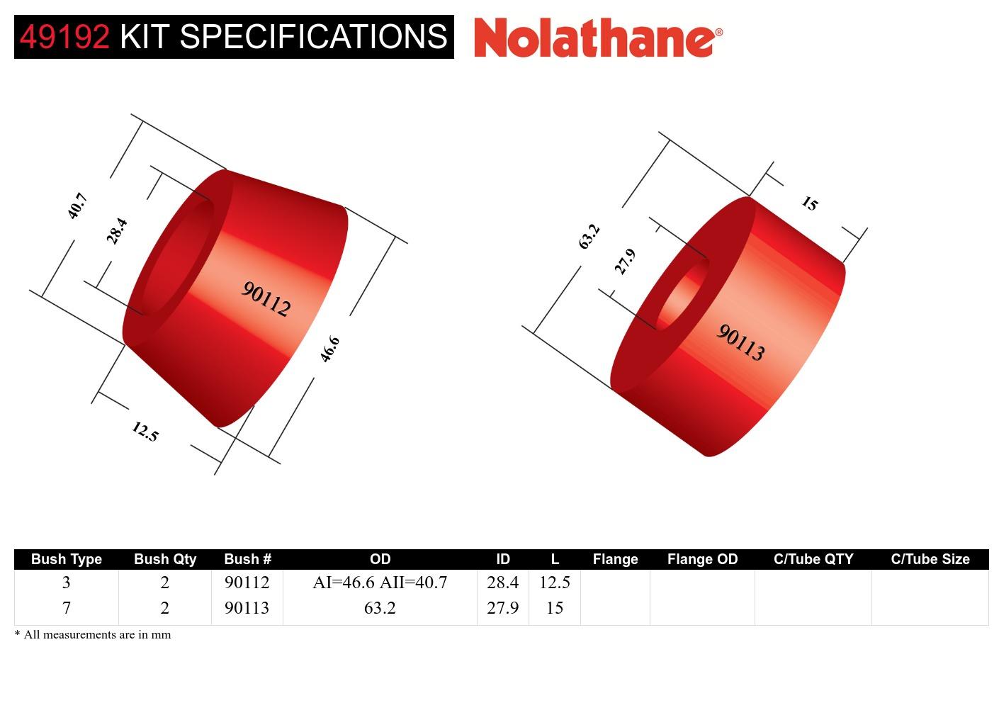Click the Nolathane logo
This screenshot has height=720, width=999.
[x=598, y=37]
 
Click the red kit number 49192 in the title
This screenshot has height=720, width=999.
[x=64, y=37]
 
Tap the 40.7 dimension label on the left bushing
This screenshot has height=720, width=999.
[x=77, y=206]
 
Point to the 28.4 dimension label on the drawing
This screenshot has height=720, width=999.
[x=117, y=231]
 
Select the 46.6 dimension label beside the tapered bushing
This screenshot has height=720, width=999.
[x=330, y=349]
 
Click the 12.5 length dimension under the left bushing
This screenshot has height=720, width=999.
[x=145, y=431]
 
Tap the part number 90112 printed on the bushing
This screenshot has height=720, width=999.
[x=266, y=299]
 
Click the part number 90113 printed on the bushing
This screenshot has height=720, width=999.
[x=741, y=342]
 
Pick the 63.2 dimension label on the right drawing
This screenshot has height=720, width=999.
[x=589, y=236]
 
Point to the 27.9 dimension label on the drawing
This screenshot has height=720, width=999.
[x=625, y=261]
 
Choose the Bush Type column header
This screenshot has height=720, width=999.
[x=67, y=559]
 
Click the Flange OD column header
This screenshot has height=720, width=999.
[x=702, y=559]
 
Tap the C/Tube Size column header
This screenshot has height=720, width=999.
[x=930, y=559]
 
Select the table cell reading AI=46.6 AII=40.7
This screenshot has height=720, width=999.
[x=380, y=583]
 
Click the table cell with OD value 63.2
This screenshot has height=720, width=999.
[x=380, y=608]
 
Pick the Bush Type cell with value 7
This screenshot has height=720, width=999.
[x=67, y=608]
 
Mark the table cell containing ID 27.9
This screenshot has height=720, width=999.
[x=502, y=608]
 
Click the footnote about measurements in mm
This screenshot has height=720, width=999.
[x=93, y=635]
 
